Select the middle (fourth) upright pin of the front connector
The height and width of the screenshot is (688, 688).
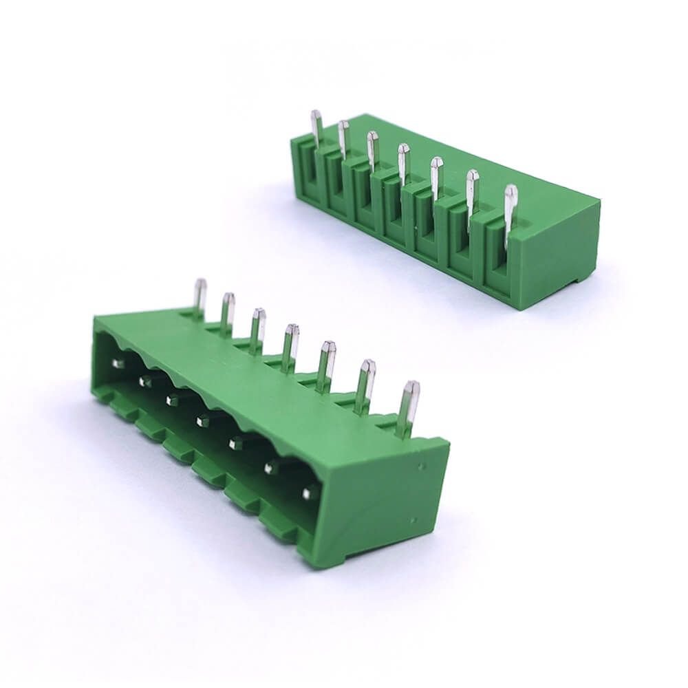click(x=290, y=344)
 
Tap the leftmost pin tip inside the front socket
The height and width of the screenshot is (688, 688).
click(x=118, y=362)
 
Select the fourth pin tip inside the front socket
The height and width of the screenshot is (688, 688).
click(x=204, y=419)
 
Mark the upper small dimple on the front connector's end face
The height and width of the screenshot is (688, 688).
click(x=421, y=466)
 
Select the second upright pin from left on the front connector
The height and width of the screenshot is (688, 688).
click(x=227, y=311)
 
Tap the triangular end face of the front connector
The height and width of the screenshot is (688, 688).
click(x=385, y=502)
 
